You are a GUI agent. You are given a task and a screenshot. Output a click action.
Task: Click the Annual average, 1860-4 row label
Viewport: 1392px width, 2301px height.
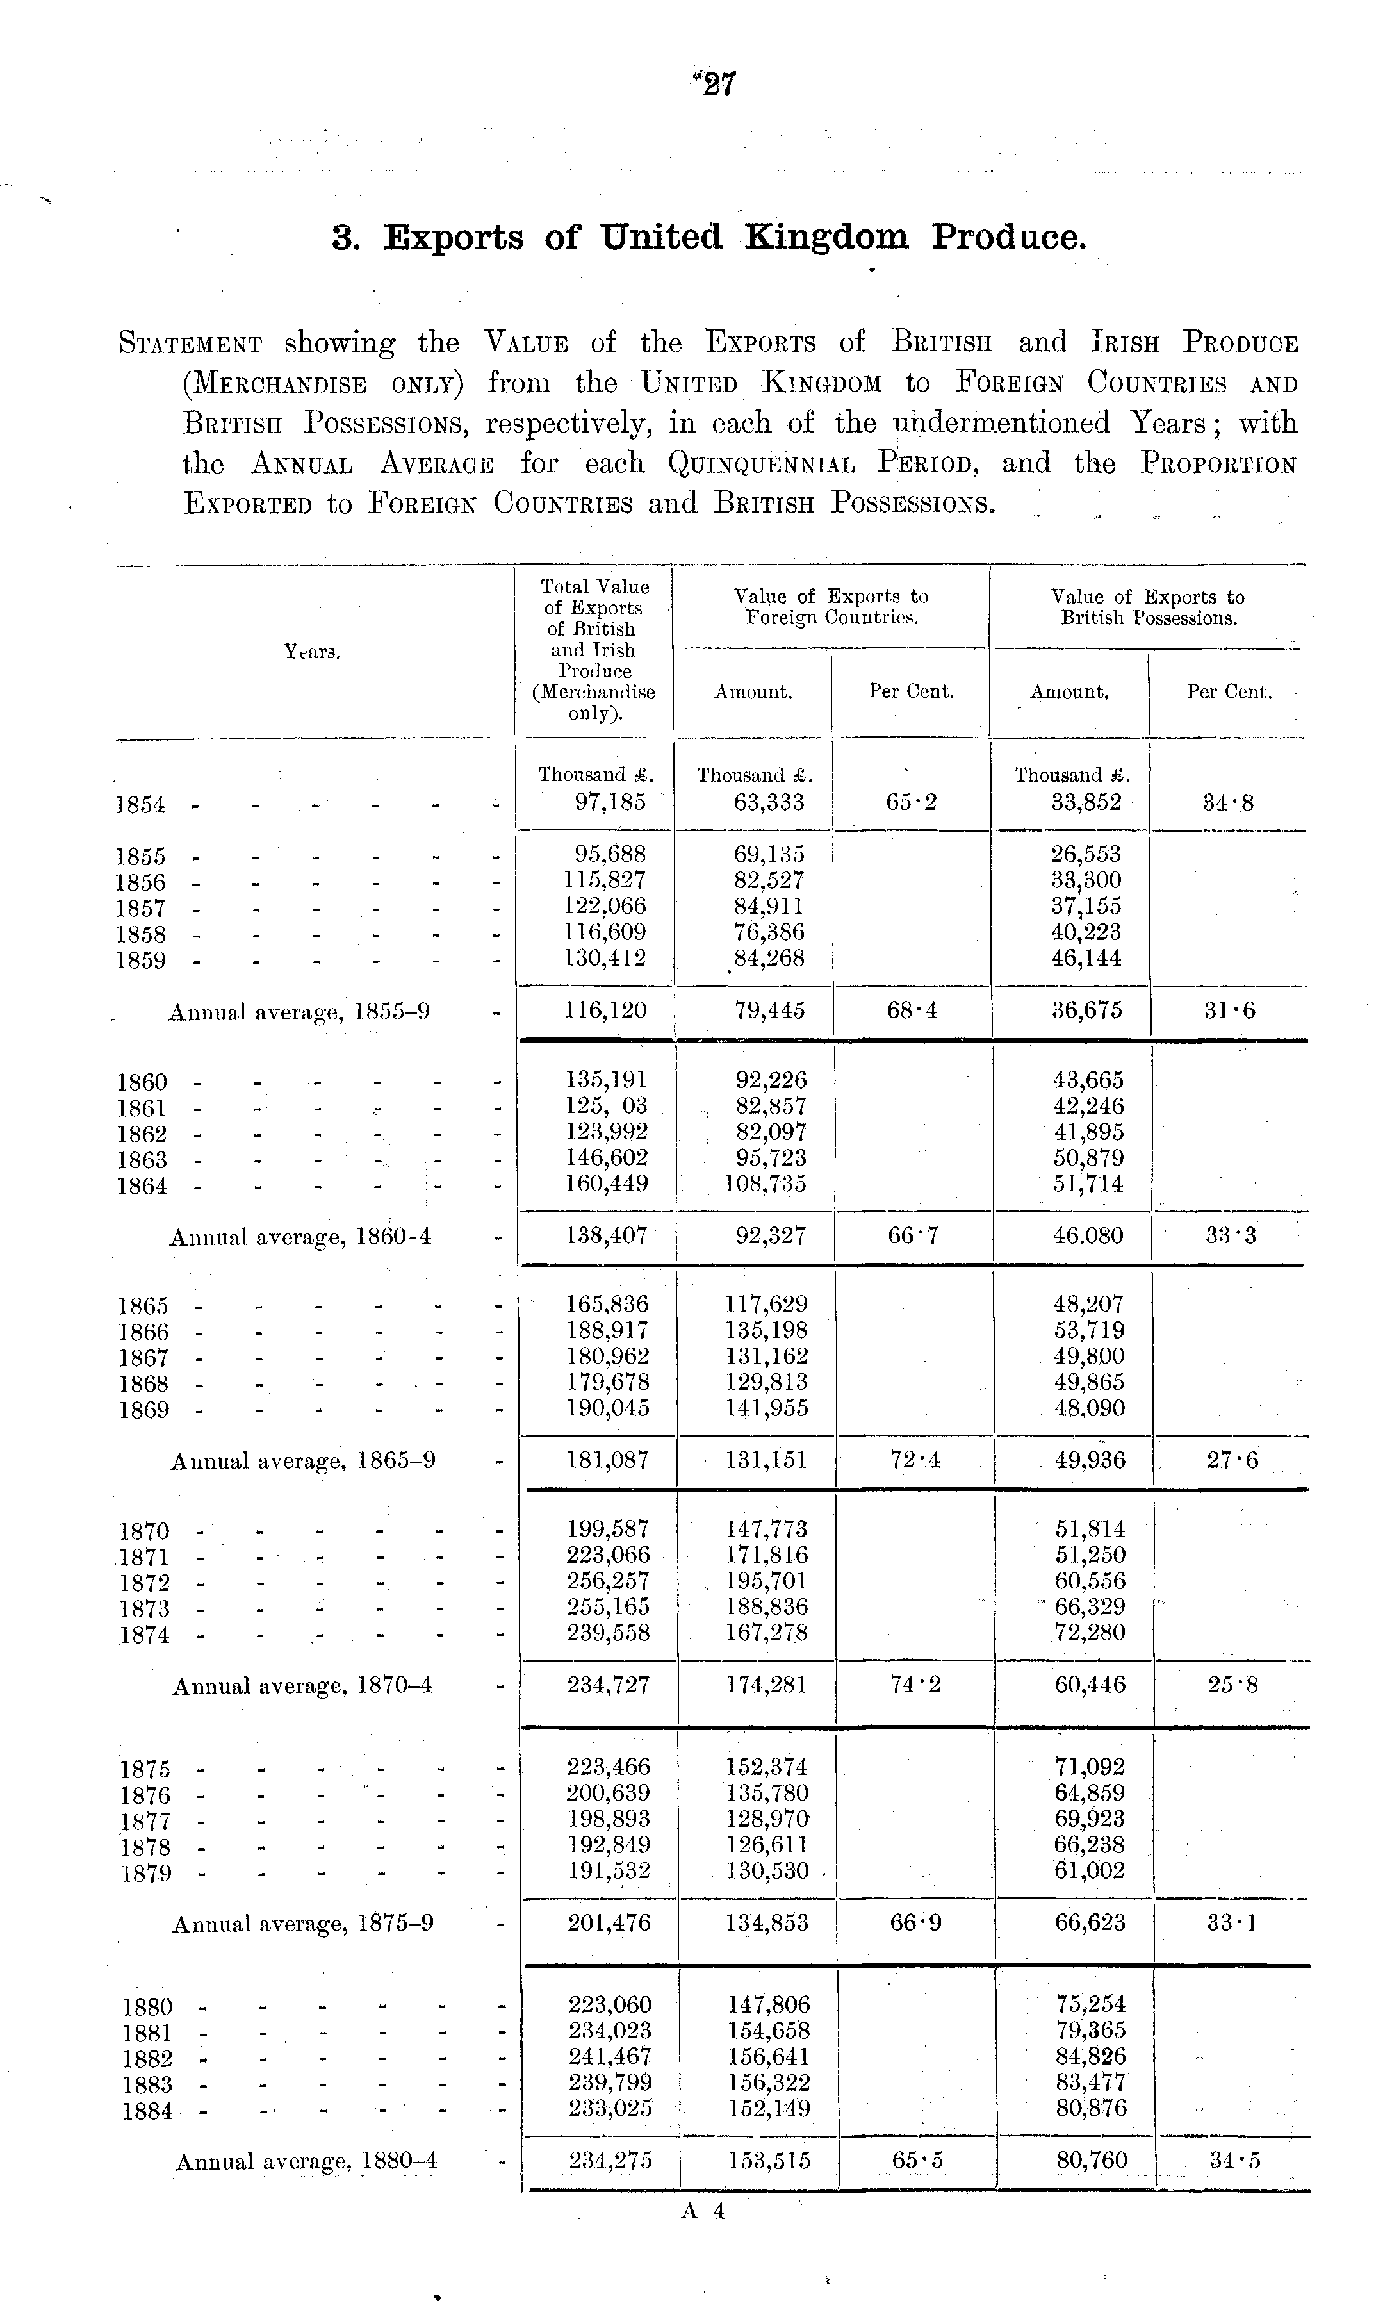point(300,1237)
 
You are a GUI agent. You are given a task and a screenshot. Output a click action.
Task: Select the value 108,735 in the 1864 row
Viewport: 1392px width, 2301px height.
point(766,1184)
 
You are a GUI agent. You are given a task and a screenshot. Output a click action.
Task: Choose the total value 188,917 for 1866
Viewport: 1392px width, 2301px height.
point(608,1330)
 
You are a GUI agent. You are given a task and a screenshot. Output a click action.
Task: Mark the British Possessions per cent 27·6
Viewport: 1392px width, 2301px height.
point(1231,1460)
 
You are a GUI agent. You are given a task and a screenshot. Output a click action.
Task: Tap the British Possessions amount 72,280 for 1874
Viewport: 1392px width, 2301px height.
point(1090,1633)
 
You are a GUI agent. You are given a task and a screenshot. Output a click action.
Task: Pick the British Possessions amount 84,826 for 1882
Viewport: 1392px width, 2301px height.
point(1090,2056)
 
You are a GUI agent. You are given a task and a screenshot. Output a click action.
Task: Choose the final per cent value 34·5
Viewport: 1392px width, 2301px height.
point(1234,2161)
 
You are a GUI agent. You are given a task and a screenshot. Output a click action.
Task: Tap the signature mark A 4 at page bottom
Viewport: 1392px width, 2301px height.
point(703,2211)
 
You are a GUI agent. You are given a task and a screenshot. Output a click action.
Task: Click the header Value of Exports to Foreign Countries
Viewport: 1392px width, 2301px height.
point(831,607)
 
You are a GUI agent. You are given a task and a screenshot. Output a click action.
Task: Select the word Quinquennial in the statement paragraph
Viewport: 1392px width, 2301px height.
point(761,464)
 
